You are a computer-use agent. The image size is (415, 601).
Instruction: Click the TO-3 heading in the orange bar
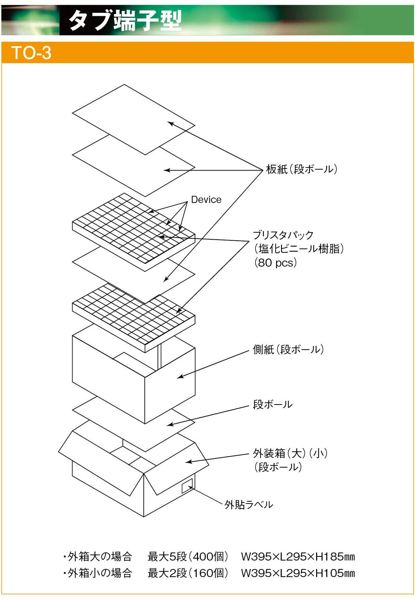click(31, 53)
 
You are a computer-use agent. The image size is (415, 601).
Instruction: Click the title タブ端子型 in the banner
click(125, 20)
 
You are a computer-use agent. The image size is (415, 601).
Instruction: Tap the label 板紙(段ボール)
click(302, 169)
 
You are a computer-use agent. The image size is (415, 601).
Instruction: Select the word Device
click(206, 200)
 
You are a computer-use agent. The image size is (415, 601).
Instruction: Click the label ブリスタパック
click(283, 235)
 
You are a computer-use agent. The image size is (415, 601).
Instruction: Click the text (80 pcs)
click(275, 263)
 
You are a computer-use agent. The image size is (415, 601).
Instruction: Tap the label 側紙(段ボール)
click(288, 350)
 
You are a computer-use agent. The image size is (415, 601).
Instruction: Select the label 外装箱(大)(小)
click(290, 453)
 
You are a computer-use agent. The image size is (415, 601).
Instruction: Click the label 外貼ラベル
click(249, 505)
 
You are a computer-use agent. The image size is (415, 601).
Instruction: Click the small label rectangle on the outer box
click(187, 486)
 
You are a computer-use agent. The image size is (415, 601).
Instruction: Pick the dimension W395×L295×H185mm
click(298, 557)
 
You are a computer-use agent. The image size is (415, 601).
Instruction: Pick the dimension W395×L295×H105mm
click(298, 573)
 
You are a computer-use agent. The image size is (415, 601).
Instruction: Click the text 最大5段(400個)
click(188, 557)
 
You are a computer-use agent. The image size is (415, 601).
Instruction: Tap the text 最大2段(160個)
click(188, 573)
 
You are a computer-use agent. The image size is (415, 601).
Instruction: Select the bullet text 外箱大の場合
click(98, 557)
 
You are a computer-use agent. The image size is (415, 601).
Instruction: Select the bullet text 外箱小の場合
click(98, 573)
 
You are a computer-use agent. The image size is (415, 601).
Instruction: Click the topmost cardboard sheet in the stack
click(134, 119)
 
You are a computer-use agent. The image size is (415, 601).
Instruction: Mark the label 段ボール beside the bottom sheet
click(273, 404)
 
